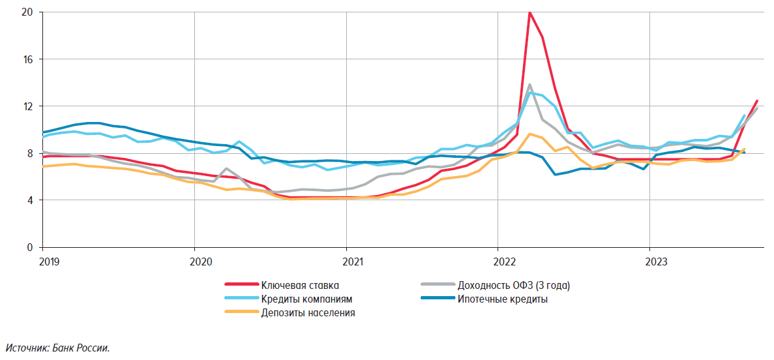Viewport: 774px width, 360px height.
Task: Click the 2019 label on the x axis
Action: click(50, 262)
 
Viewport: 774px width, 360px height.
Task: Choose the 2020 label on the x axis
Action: click(201, 262)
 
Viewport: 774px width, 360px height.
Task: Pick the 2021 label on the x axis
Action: click(353, 262)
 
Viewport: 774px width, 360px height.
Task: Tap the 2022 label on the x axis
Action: click(504, 262)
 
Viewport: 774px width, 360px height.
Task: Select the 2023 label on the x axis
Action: click(655, 262)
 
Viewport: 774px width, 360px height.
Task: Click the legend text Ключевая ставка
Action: click(300, 285)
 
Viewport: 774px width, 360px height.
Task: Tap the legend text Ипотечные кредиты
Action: click(502, 299)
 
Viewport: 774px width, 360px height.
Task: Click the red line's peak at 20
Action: click(529, 12)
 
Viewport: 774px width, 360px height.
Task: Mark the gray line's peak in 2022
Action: click(529, 85)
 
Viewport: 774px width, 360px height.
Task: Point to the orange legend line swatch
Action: click(240, 313)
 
